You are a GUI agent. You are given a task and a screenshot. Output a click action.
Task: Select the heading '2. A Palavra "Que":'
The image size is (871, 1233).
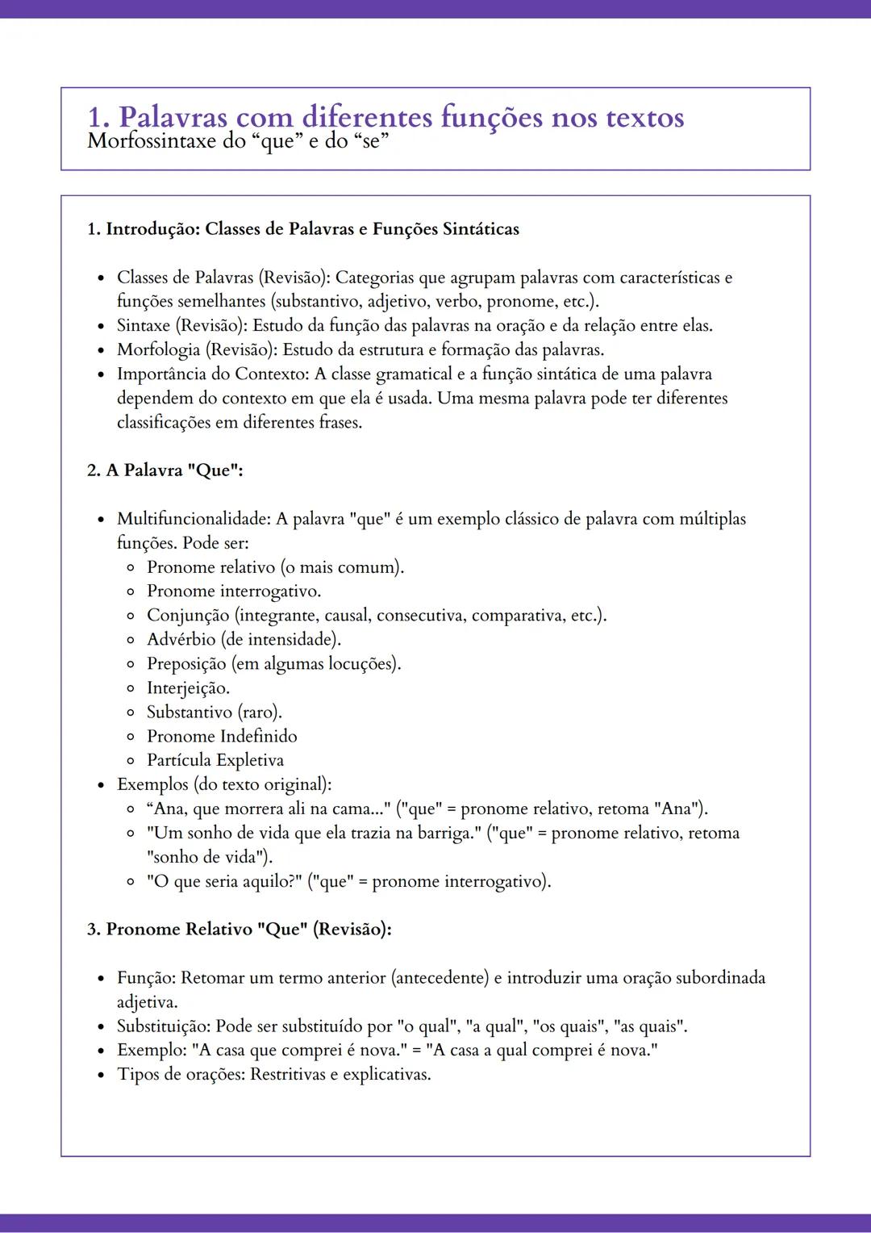[165, 470]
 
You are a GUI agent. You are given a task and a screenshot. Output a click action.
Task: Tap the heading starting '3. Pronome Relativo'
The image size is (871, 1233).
[240, 929]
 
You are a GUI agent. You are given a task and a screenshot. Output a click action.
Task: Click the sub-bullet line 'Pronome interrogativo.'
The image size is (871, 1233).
[234, 591]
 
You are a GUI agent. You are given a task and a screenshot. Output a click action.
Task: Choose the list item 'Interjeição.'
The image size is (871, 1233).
[188, 688]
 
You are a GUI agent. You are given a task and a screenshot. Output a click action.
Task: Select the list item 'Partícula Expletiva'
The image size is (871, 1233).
[215, 760]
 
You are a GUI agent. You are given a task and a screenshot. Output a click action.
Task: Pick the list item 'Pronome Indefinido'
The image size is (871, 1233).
[222, 736]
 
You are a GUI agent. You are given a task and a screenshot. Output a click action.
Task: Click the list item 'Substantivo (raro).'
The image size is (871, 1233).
[214, 713]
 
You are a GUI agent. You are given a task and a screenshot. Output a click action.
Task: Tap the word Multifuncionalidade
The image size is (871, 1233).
[192, 519]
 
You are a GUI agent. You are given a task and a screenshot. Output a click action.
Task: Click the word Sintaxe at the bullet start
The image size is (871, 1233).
[143, 326]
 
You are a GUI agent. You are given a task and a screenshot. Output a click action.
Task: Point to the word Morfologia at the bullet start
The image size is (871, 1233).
[158, 350]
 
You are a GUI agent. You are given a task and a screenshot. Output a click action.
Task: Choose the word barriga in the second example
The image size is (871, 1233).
[444, 833]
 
